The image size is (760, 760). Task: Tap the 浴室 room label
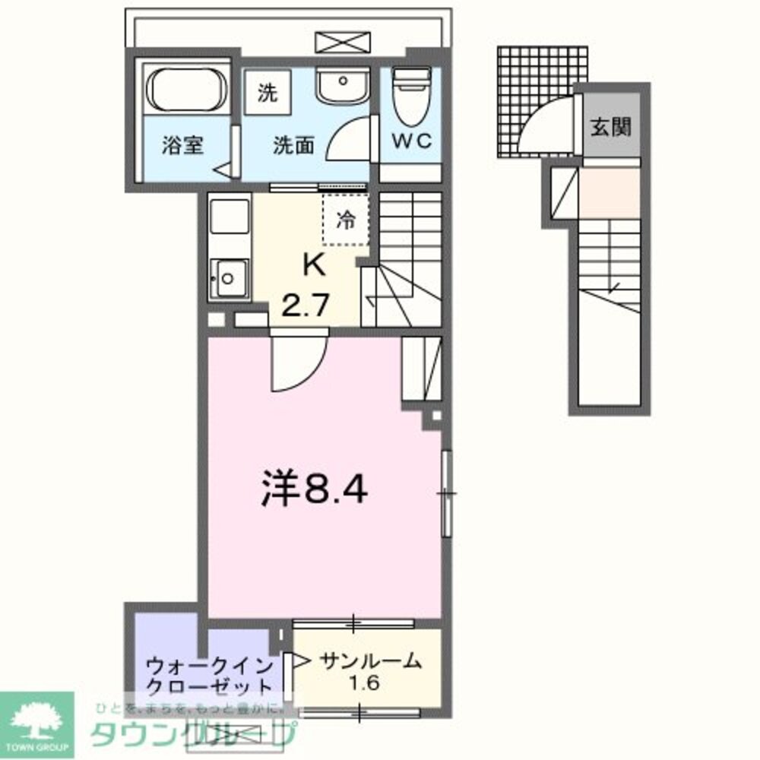[x=182, y=145]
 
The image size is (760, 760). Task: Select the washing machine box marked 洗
[x=267, y=93]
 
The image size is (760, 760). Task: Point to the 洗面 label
[x=293, y=145]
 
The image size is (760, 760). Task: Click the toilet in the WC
[x=410, y=97]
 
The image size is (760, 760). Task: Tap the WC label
[x=411, y=141]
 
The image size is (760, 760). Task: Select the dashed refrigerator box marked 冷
[x=346, y=220]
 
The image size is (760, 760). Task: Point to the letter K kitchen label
[x=314, y=265]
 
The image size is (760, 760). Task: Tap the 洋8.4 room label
[x=315, y=490]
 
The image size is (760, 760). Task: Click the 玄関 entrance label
[x=610, y=126]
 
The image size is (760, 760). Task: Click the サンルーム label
[x=369, y=661]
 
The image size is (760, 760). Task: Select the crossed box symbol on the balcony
[x=342, y=42]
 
